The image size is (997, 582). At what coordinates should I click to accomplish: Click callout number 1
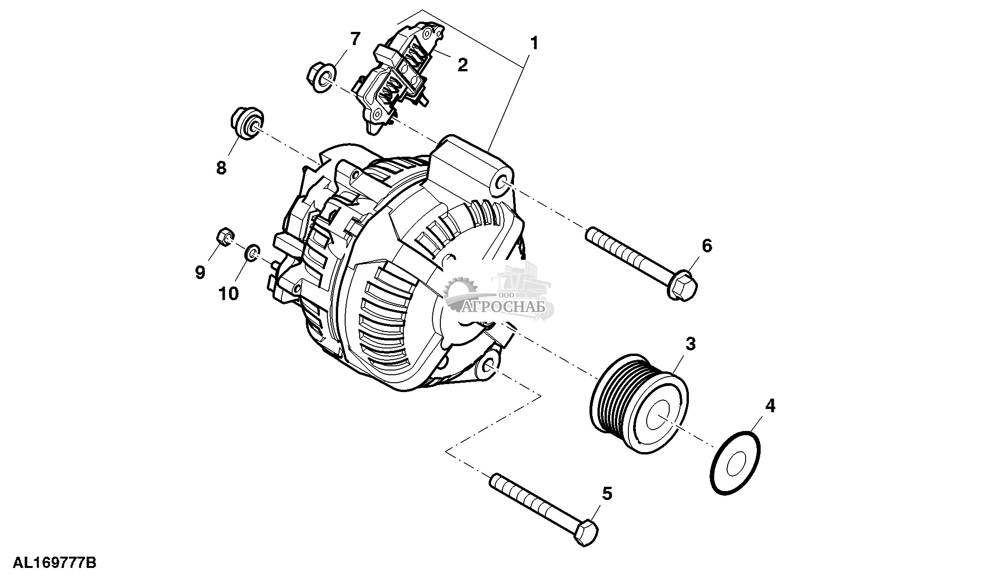click(x=534, y=43)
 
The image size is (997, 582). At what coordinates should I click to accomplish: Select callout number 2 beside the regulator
click(x=462, y=65)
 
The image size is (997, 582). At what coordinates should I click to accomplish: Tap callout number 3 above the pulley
click(x=690, y=344)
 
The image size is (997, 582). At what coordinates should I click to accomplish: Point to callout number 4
click(x=770, y=405)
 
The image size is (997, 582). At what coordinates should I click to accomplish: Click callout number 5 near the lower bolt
click(x=607, y=493)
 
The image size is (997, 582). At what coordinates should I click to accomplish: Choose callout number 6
click(x=707, y=245)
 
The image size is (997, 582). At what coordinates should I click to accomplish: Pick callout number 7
click(x=355, y=39)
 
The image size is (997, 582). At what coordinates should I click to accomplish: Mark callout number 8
click(x=221, y=167)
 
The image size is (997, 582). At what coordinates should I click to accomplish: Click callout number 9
click(x=200, y=272)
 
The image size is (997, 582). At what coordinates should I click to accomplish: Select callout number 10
click(x=228, y=294)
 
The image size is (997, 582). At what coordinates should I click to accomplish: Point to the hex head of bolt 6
click(x=682, y=284)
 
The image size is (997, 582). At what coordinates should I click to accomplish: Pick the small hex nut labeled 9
click(x=226, y=237)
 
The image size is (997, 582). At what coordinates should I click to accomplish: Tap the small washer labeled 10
click(x=252, y=253)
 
